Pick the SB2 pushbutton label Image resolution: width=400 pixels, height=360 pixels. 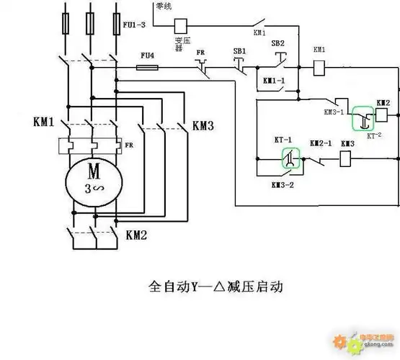277,44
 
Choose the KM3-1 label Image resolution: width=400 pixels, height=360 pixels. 334,112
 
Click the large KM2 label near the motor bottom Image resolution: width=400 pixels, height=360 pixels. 137,235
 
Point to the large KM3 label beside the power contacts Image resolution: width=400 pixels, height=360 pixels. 203,127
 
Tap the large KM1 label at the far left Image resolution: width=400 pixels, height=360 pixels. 43,122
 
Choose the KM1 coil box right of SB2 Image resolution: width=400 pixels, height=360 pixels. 321,67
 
